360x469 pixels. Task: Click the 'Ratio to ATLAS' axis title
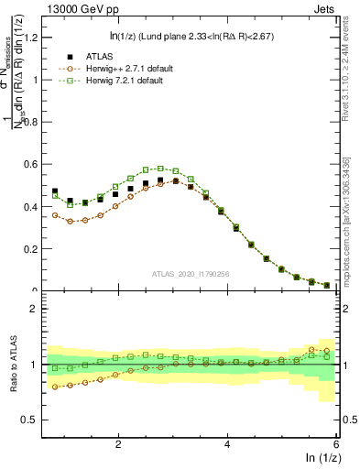[x=12, y=365]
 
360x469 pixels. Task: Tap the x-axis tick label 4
[x=227, y=443]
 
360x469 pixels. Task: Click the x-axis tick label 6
[x=336, y=443]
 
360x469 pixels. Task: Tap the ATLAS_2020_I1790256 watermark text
[x=190, y=274]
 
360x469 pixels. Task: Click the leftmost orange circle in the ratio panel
[x=55, y=387]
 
